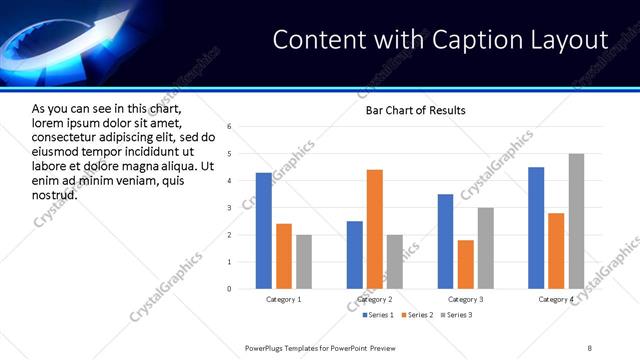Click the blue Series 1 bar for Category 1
264,231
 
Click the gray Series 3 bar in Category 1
304,262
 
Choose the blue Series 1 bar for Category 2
355,255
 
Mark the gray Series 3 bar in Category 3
486,248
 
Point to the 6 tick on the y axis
229,127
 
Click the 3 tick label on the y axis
229,208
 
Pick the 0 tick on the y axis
229,289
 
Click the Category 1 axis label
284,300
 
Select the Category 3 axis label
466,300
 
